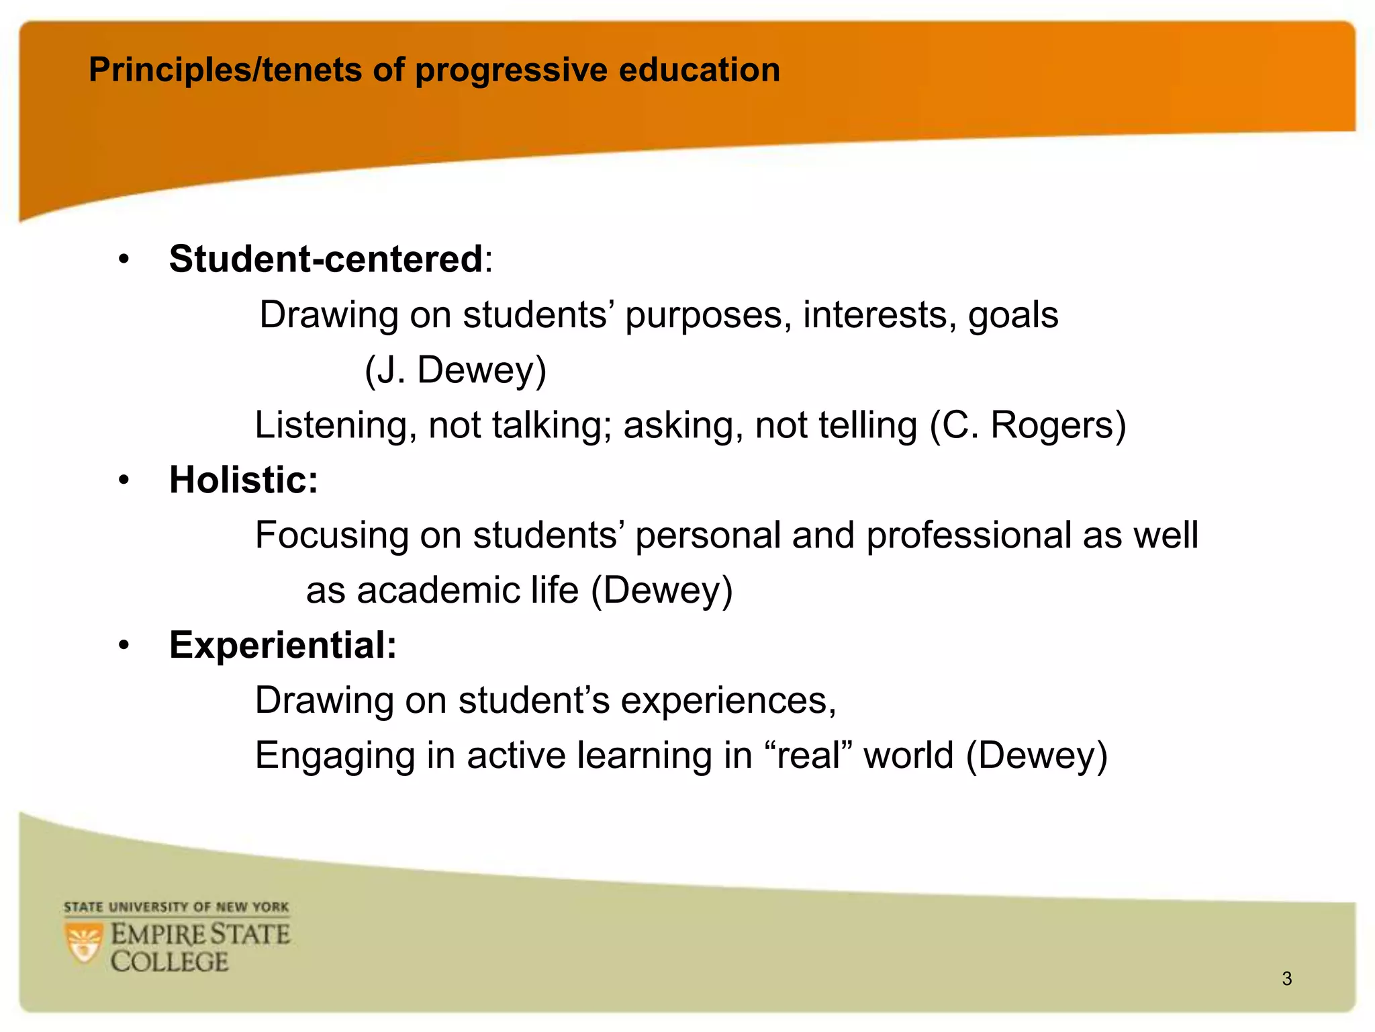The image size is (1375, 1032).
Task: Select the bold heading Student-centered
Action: pyautogui.click(x=326, y=259)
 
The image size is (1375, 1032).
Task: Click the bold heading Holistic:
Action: pyautogui.click(x=243, y=480)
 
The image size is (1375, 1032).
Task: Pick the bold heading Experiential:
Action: pyautogui.click(x=283, y=645)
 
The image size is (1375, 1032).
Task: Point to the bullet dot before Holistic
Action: pyautogui.click(x=124, y=480)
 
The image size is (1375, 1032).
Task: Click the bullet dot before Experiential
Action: pyautogui.click(x=124, y=646)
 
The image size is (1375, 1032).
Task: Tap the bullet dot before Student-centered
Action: pyautogui.click(x=124, y=260)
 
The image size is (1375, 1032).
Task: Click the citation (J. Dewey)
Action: pyautogui.click(x=455, y=370)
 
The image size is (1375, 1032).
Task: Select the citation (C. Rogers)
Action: pyautogui.click(x=1028, y=425)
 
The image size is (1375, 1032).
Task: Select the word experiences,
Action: pyautogui.click(x=728, y=701)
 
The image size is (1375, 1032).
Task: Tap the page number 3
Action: pyautogui.click(x=1286, y=979)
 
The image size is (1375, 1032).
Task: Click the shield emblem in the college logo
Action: pyautogui.click(x=84, y=943)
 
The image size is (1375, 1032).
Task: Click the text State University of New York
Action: pyautogui.click(x=176, y=908)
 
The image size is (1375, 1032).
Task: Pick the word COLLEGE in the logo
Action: pyautogui.click(x=169, y=962)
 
